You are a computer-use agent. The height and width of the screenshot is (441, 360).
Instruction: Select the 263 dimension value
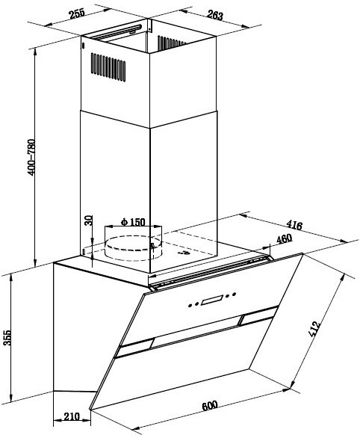pyautogui.click(x=215, y=15)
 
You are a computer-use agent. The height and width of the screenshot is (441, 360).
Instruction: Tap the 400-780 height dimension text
pyautogui.click(x=31, y=158)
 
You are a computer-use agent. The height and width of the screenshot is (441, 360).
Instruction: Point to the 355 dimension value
pyautogui.click(x=7, y=338)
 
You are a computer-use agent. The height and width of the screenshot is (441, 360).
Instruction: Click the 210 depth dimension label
pyautogui.click(x=72, y=416)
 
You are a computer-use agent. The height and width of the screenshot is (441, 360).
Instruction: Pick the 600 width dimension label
pyautogui.click(x=210, y=406)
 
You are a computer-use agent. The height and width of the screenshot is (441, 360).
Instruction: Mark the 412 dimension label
pyautogui.click(x=314, y=328)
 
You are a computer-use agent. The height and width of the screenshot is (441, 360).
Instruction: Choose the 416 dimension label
pyautogui.click(x=294, y=225)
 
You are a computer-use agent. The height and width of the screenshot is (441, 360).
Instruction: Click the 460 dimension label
pyautogui.click(x=285, y=238)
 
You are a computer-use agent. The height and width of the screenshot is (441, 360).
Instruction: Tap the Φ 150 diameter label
pyautogui.click(x=133, y=222)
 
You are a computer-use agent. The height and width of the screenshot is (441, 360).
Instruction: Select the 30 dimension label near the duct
pyautogui.click(x=89, y=220)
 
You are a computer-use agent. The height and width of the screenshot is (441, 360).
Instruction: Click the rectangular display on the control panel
pyautogui.click(x=212, y=300)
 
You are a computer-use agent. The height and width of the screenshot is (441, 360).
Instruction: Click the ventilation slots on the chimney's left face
pyautogui.click(x=108, y=67)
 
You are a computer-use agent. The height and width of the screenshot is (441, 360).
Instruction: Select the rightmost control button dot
pyautogui.click(x=234, y=294)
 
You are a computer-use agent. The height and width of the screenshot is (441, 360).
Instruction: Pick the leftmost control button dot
pyautogui.click(x=190, y=305)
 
